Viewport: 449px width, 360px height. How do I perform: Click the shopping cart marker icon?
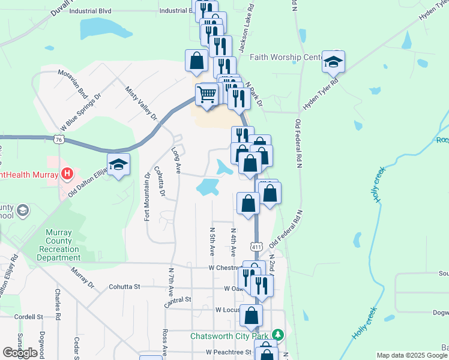206,95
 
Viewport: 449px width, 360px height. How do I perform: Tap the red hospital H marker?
67,175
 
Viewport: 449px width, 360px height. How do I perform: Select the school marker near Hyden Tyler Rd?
333,62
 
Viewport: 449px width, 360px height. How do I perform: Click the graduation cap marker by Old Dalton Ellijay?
119,165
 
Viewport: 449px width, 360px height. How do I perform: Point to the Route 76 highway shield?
58,139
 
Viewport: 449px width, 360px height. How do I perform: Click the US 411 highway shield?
257,247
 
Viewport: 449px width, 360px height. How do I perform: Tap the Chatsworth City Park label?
231,336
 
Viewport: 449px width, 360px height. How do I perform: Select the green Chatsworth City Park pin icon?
277,334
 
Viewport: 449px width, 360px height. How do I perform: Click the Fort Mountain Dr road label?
147,197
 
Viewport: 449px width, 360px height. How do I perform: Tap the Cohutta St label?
124,287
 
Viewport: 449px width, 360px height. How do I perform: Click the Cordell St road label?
29,316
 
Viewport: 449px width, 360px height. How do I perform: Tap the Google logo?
20,353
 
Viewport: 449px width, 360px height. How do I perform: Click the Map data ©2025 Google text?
412,355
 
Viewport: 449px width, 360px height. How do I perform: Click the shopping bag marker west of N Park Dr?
196,60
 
